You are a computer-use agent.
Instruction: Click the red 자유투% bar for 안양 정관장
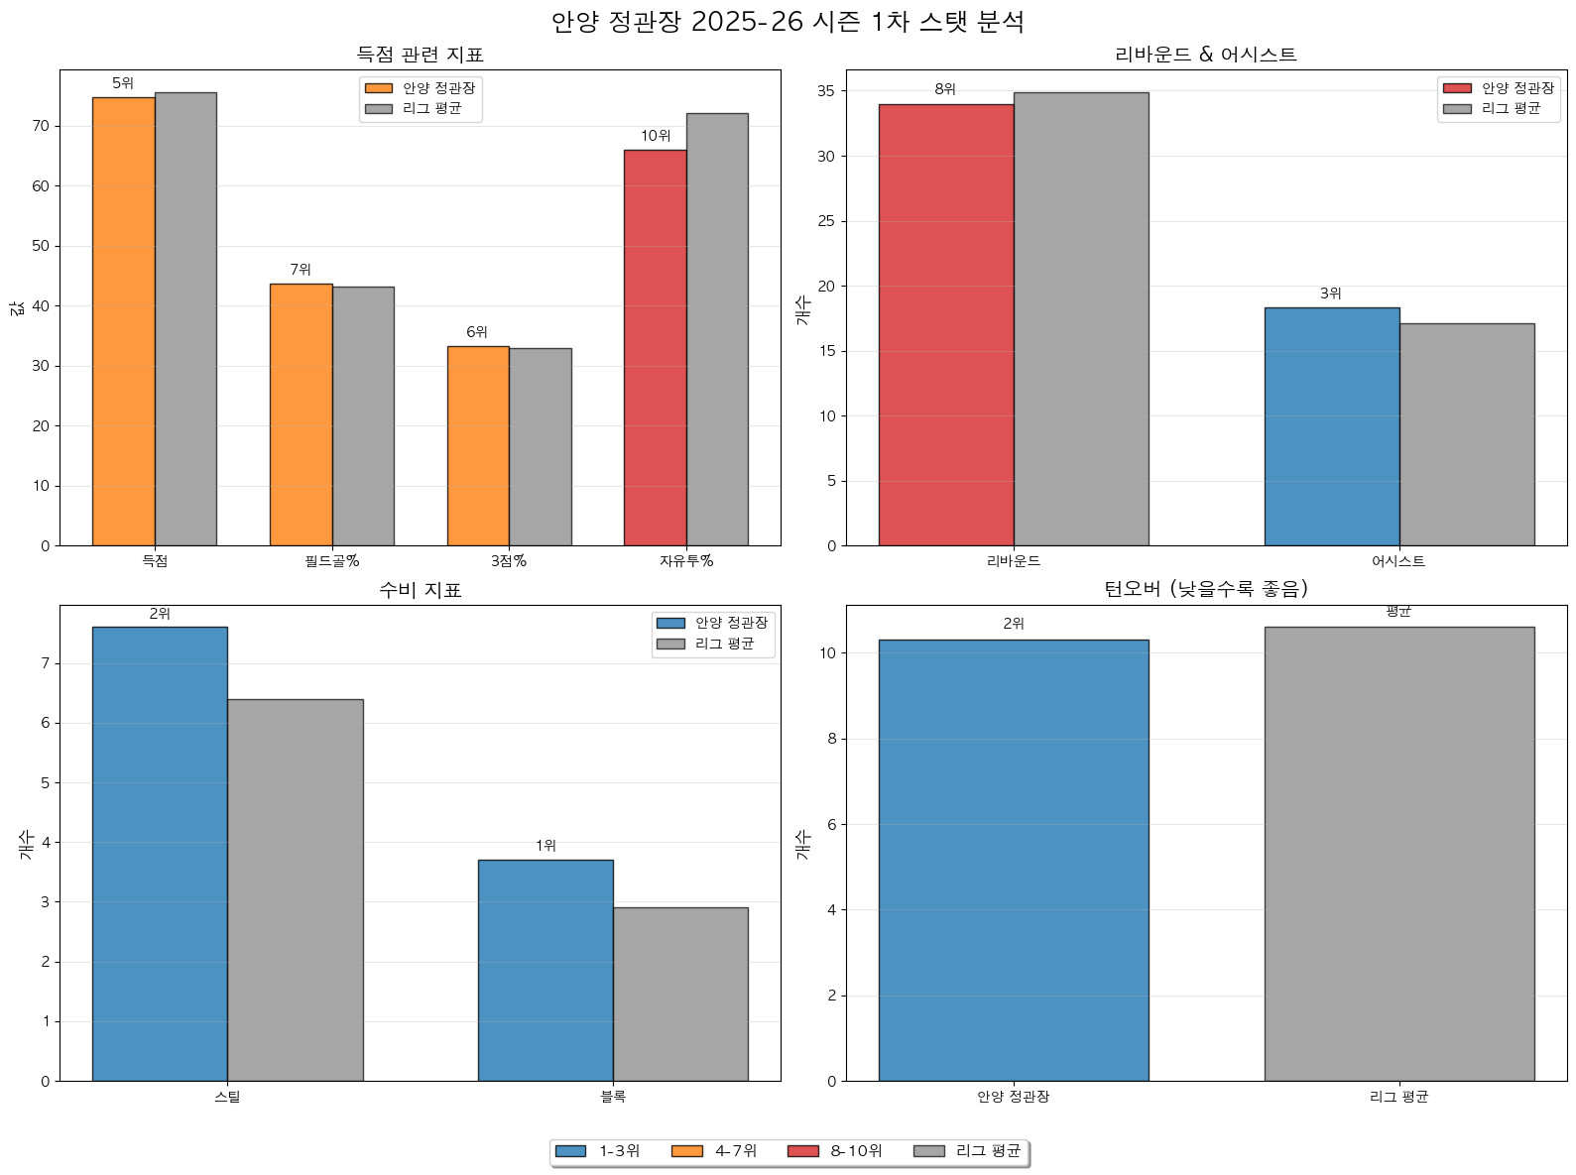point(655,347)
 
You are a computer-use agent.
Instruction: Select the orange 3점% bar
point(478,446)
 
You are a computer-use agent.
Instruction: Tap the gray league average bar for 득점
point(185,318)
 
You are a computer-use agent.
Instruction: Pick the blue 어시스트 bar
point(1331,426)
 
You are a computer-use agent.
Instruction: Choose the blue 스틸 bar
point(160,854)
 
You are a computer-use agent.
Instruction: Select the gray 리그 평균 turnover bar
point(1398,854)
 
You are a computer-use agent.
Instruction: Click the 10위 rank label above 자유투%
point(656,136)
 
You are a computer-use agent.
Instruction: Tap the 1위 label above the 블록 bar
point(546,846)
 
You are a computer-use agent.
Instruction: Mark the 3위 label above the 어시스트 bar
point(1330,294)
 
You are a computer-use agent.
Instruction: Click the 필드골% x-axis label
point(331,561)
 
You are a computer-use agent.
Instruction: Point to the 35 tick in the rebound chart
point(826,91)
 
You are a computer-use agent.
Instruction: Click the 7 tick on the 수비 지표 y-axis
point(45,663)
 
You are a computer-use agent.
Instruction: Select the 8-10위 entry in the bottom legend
point(834,1151)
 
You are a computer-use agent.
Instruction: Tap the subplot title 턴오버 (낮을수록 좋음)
point(1205,589)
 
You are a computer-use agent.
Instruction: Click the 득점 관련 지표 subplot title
point(420,55)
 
